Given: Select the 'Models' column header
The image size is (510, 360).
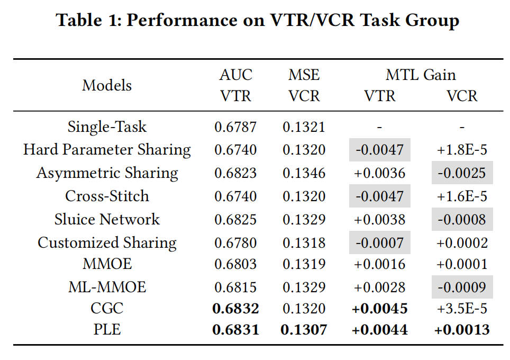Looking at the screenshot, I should point(107,85).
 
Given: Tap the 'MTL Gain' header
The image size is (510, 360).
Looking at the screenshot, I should point(421,75).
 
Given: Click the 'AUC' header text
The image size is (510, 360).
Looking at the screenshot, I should point(235,75).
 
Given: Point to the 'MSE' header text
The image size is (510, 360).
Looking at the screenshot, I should point(304,75).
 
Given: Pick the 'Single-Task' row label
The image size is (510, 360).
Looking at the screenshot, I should point(107,127).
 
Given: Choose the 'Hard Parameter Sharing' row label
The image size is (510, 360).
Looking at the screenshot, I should point(107,150).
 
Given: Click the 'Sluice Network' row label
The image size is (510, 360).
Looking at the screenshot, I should point(107,219).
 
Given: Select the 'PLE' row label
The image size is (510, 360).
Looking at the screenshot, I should point(107,329).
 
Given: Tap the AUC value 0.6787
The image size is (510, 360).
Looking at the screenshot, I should point(235,127).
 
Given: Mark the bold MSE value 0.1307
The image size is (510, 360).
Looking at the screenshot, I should point(304,329).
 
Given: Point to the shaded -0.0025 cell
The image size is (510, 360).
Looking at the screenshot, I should point(462,173).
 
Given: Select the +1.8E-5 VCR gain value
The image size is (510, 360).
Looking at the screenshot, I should point(462,150).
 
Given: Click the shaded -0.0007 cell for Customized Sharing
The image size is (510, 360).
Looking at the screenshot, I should point(379,242).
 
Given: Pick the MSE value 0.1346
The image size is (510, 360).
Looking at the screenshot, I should point(304,173).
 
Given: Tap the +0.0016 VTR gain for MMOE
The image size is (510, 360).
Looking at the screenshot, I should point(379,265).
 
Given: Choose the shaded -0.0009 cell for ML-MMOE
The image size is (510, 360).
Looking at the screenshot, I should point(462,287).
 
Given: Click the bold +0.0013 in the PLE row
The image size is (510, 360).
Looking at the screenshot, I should point(462,329).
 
